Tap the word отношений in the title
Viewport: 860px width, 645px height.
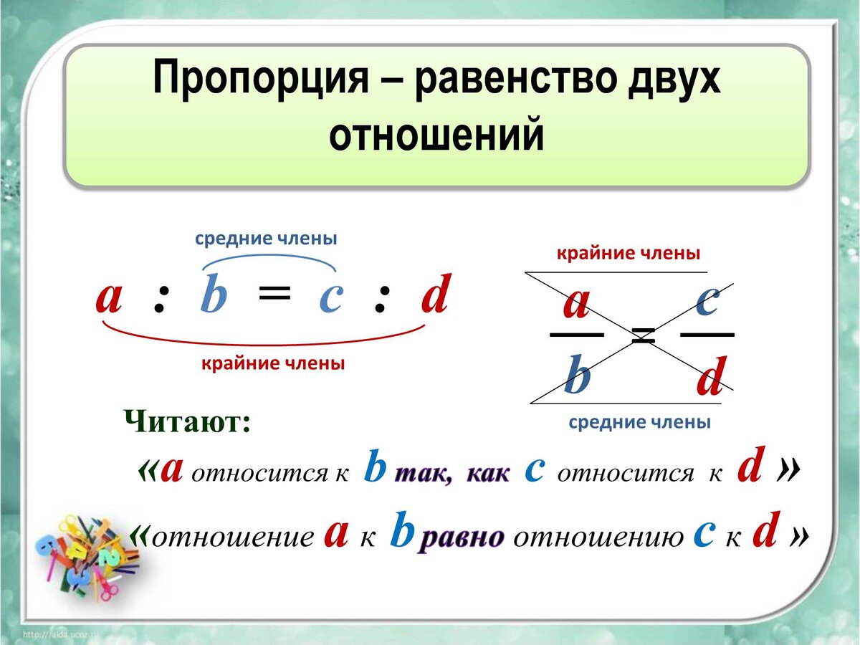click(436, 134)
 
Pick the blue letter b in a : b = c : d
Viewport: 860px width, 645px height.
click(214, 292)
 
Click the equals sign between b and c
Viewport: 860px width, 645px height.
click(275, 292)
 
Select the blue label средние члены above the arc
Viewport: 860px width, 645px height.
click(266, 239)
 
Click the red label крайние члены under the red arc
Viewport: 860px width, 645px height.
click(273, 363)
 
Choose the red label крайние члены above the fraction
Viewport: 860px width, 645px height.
click(629, 254)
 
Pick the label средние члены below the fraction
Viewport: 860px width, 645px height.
click(639, 422)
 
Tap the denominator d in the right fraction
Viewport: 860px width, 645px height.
click(712, 376)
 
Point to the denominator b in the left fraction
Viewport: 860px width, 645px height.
click(577, 374)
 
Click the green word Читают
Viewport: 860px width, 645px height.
click(187, 421)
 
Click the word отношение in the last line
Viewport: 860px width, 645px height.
click(233, 537)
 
